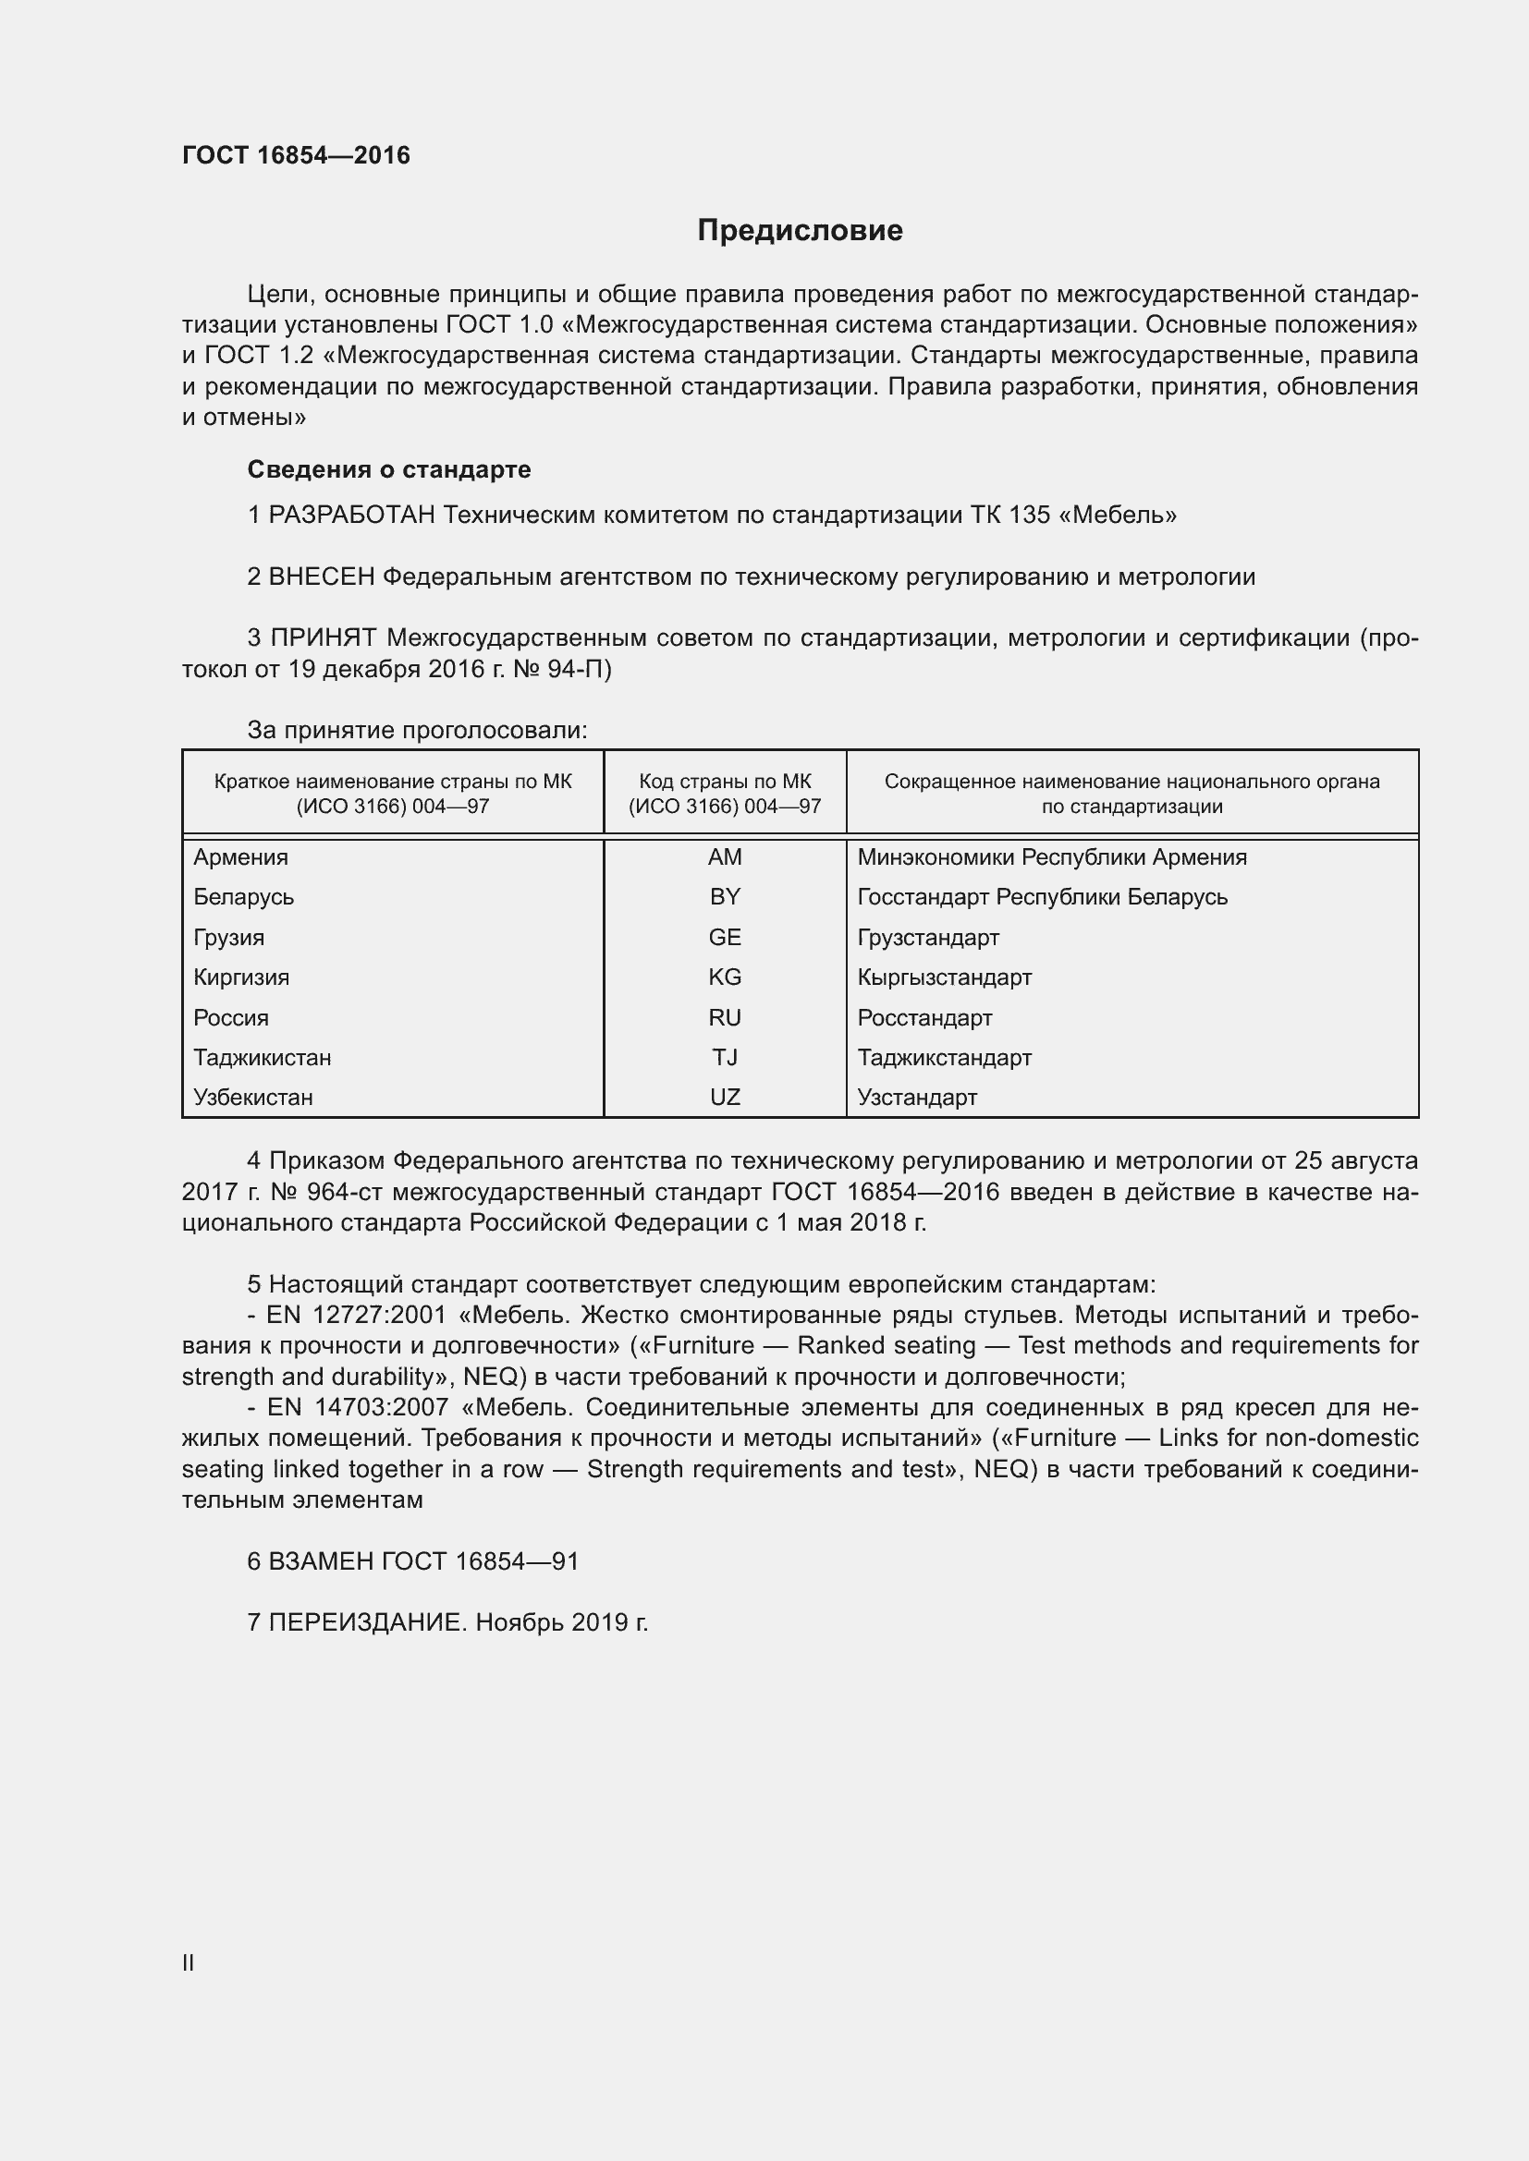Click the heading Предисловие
(x=800, y=231)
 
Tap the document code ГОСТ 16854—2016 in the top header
(x=296, y=155)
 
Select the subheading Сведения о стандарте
(x=389, y=468)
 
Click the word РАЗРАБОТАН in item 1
(x=352, y=515)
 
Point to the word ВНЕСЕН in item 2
(x=322, y=577)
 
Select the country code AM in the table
(x=724, y=856)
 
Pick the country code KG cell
(x=724, y=977)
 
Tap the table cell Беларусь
(x=244, y=897)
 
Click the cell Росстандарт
(x=924, y=1017)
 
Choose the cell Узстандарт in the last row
(x=917, y=1098)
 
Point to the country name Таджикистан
(x=263, y=1058)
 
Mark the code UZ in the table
(x=724, y=1098)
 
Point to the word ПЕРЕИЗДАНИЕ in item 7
(x=367, y=1622)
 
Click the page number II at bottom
(x=189, y=1962)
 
